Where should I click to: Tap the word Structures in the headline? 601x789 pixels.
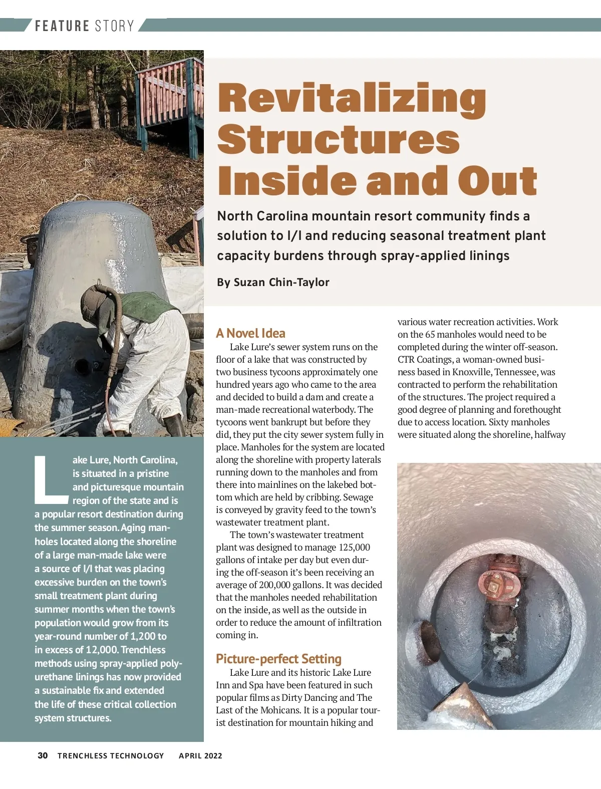[x=339, y=140]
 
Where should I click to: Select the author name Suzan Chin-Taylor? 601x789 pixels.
[x=281, y=283]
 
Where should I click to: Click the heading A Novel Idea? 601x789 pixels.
[x=250, y=333]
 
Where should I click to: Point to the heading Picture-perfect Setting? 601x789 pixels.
[x=278, y=659]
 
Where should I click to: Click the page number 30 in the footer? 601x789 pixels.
[x=43, y=755]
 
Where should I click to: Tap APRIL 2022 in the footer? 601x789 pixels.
[x=200, y=755]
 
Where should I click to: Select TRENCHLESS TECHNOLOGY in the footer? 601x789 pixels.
[x=111, y=755]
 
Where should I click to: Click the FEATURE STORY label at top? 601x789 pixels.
[x=84, y=26]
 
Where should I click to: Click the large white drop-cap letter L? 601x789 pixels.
[x=50, y=479]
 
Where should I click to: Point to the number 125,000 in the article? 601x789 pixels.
[x=354, y=548]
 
